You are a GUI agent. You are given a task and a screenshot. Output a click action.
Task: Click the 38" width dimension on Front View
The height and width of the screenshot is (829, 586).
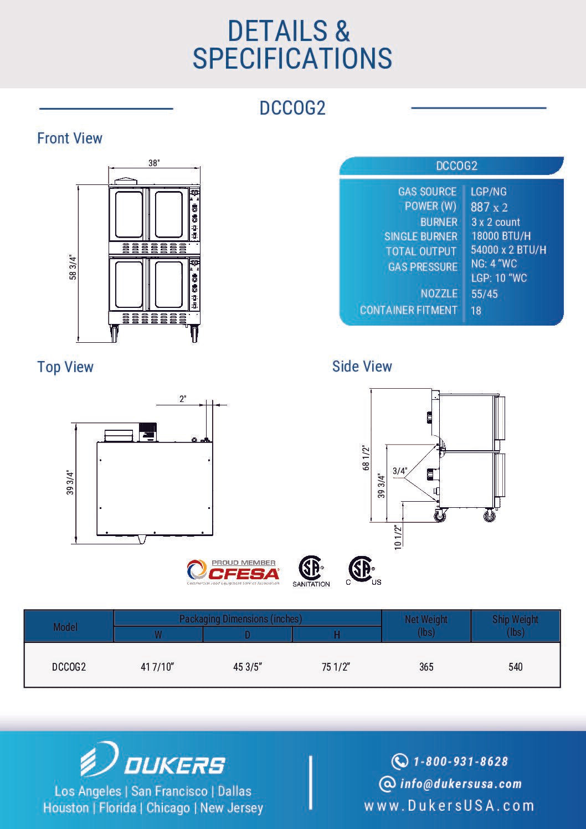tap(154, 163)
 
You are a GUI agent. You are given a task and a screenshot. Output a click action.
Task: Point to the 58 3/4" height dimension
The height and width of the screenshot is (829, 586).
tap(73, 267)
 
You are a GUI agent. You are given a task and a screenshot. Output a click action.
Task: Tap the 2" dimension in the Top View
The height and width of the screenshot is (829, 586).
tap(183, 398)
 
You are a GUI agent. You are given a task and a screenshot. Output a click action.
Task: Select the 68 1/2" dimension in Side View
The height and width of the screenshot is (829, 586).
tap(366, 458)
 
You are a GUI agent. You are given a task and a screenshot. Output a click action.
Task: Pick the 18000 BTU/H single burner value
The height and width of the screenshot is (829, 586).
tap(501, 236)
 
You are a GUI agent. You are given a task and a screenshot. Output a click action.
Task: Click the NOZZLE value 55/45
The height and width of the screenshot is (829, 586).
tap(484, 294)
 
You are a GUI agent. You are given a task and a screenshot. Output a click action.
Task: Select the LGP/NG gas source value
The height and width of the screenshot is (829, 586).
tap(489, 192)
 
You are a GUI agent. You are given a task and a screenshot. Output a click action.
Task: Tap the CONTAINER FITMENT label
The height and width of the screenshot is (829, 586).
tap(409, 310)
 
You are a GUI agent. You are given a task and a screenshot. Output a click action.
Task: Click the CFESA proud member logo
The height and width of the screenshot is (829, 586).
tap(233, 572)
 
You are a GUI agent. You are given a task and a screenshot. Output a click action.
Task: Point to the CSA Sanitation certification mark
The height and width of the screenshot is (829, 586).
tap(311, 571)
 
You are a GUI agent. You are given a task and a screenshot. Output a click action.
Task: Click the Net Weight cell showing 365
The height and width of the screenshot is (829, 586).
tap(426, 667)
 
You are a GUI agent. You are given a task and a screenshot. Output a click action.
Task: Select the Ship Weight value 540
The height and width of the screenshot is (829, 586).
tap(515, 667)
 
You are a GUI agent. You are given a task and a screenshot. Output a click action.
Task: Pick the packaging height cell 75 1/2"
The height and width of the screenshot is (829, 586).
tap(336, 667)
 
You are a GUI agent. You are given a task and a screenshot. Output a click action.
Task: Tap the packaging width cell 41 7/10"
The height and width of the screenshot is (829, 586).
tap(157, 667)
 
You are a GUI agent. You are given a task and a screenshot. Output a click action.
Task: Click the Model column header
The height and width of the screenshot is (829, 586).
tap(65, 627)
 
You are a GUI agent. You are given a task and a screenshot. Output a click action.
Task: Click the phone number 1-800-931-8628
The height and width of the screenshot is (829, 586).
tap(460, 761)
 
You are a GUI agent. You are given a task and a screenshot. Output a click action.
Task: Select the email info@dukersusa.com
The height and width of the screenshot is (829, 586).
tap(460, 784)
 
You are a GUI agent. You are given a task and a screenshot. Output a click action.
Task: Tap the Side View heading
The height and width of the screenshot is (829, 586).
tap(362, 367)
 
